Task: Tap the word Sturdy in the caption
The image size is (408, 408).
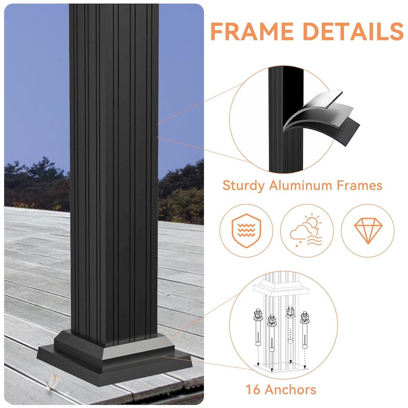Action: pos(244,186)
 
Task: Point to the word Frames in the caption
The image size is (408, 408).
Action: pos(359,186)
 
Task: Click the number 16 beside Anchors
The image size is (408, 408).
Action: pos(253,389)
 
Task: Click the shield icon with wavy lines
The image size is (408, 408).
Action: pos(246,231)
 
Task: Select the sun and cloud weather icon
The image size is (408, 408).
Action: pos(307,231)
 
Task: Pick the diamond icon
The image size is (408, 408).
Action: pos(368,231)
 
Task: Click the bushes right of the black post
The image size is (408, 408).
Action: pos(182,196)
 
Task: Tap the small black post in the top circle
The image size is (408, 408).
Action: pos(286,118)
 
